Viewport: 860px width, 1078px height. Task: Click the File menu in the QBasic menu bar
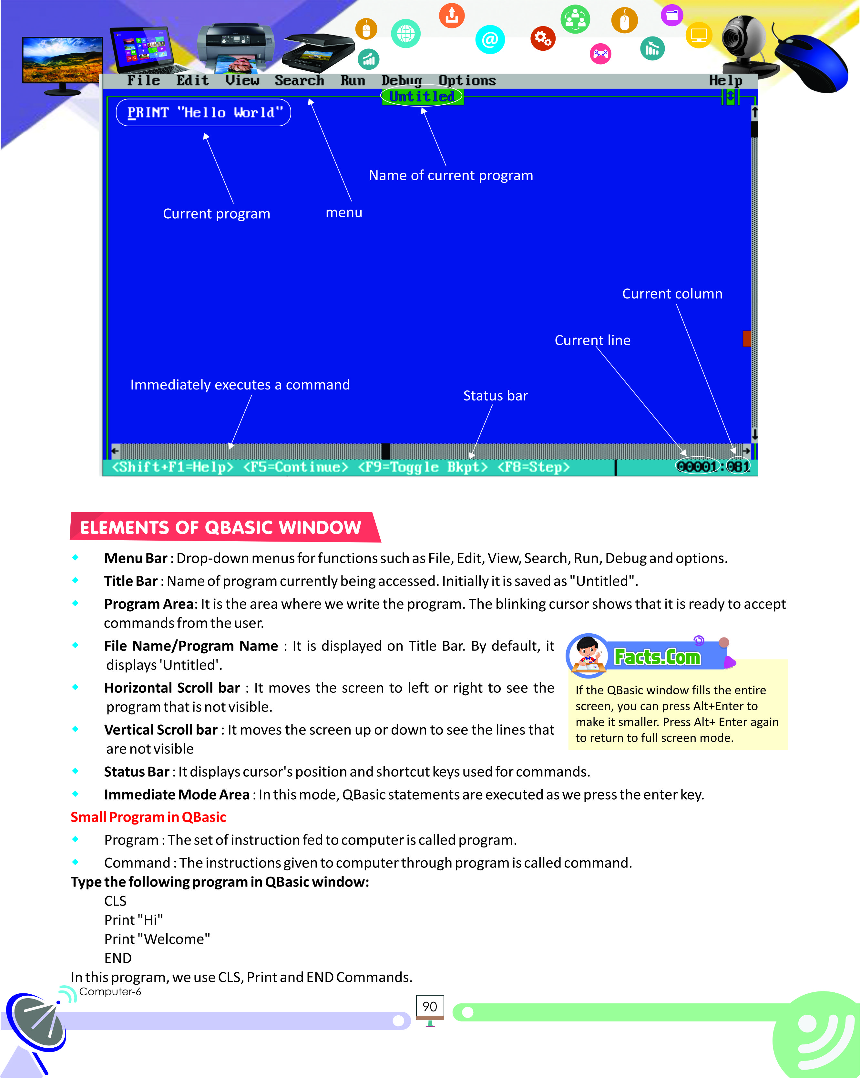(143, 80)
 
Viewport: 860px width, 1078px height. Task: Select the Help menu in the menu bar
(725, 80)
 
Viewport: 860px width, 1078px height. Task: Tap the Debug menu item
(401, 80)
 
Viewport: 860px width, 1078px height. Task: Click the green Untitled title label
(422, 97)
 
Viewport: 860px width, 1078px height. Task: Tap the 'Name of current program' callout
(450, 175)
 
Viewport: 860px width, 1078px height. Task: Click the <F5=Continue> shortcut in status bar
(295, 467)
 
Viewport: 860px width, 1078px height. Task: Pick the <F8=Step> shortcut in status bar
(533, 467)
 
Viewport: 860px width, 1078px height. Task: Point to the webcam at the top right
(744, 43)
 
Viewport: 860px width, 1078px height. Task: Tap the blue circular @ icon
(490, 39)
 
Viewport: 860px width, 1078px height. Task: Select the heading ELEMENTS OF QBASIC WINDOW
(220, 527)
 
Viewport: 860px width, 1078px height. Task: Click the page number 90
(429, 1007)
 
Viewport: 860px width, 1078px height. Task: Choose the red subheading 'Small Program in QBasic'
(148, 817)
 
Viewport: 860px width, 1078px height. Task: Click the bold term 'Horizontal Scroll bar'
(172, 688)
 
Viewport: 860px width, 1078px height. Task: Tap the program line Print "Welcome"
(157, 939)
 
